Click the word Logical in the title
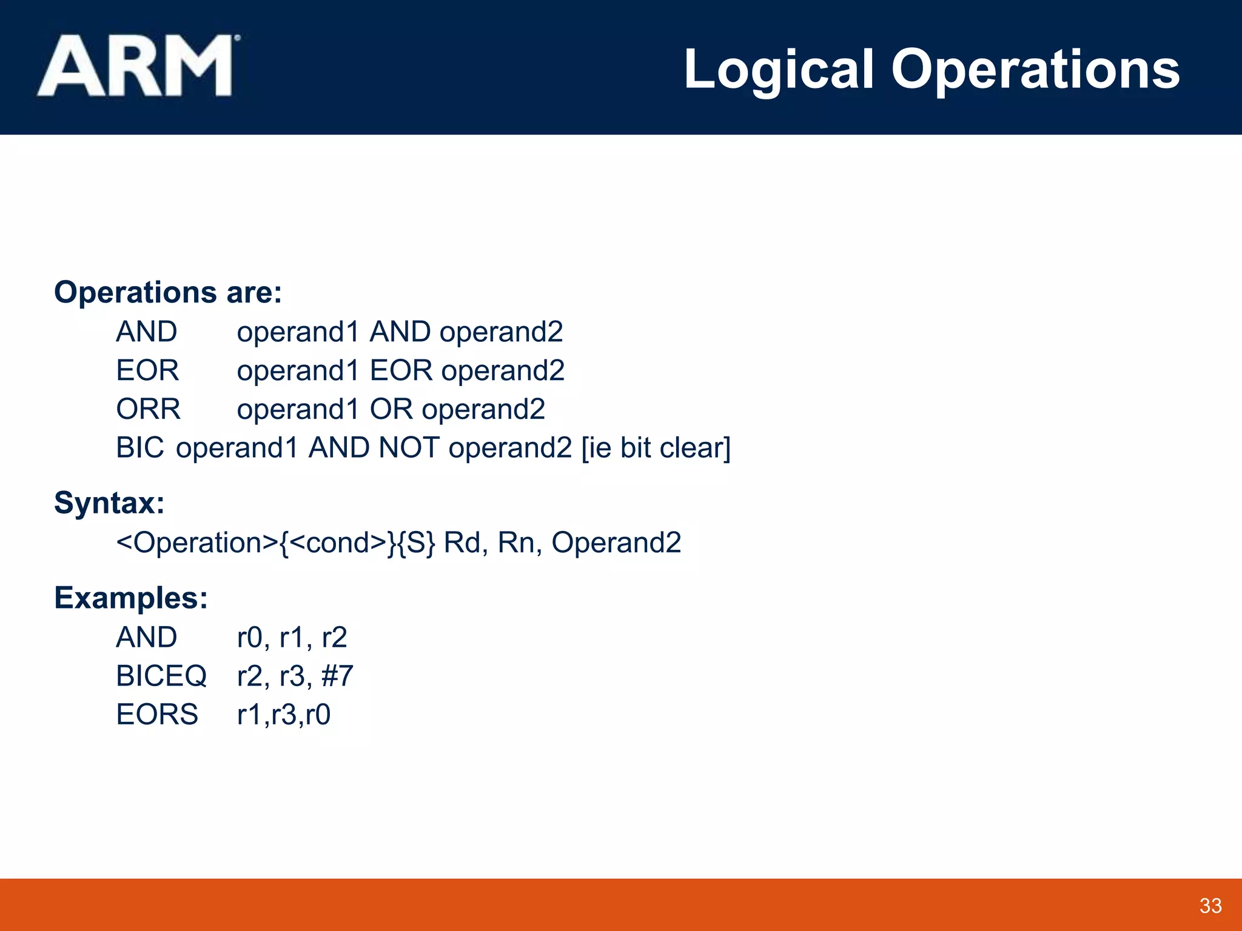pos(779,70)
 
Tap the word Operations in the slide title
pos(1035,70)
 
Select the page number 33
pos(1210,906)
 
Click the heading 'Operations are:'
pos(168,292)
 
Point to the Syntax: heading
pos(109,503)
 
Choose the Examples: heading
pos(131,598)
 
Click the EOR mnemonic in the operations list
pos(147,370)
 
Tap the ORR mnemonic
pos(148,409)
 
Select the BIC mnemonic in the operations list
pos(139,448)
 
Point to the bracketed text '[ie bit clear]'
pos(656,448)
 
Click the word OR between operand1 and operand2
pos(391,409)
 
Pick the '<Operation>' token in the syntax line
pos(197,542)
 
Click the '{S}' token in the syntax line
pos(421,542)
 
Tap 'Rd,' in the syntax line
pos(466,542)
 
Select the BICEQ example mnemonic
pos(161,676)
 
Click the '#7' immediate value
pos(337,676)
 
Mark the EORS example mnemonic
pos(157,715)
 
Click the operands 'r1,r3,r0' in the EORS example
pos(283,715)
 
